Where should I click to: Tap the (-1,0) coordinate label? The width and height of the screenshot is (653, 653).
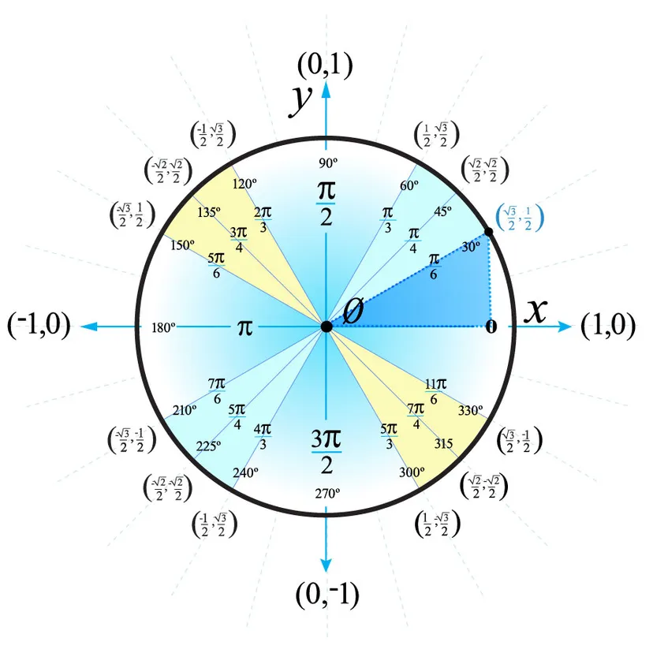(39, 326)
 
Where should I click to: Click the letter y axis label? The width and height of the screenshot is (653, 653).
(300, 100)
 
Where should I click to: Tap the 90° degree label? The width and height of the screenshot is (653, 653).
(327, 162)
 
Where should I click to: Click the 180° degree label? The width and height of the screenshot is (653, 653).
(162, 326)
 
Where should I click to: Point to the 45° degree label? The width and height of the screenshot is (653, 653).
(442, 211)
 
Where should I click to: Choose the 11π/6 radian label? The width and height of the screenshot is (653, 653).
(435, 392)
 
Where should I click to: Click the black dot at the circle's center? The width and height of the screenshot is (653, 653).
(326, 326)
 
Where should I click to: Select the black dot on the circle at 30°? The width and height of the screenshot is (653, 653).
(489, 232)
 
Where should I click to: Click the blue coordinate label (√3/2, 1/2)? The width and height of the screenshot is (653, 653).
(521, 218)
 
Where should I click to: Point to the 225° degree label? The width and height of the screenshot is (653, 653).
(208, 446)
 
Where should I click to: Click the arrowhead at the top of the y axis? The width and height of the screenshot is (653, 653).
(326, 85)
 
